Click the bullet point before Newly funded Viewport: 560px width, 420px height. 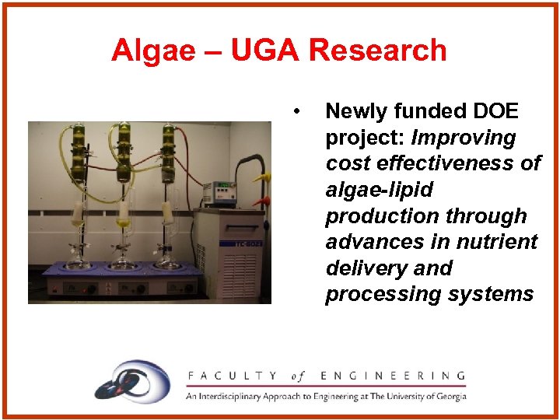297,110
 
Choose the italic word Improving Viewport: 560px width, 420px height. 464,138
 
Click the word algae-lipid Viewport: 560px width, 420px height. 379,190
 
